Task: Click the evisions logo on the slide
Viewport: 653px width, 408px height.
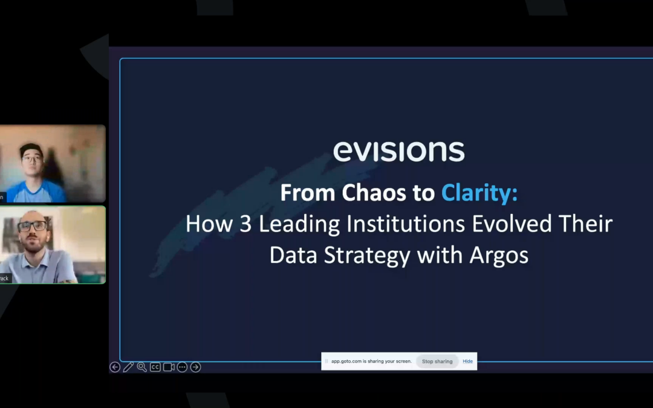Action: click(398, 151)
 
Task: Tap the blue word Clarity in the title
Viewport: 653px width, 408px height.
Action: click(479, 193)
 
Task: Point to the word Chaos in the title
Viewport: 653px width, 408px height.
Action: click(372, 193)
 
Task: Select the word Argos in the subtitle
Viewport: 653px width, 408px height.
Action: click(499, 254)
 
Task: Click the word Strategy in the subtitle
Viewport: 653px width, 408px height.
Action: click(366, 254)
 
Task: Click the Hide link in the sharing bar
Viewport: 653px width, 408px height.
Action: click(467, 361)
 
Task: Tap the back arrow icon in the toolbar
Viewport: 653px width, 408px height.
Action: click(115, 367)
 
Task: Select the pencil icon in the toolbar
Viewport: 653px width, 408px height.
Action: click(128, 367)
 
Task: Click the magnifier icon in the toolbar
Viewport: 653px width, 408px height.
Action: click(141, 367)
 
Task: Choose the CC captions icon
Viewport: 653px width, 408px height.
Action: click(155, 367)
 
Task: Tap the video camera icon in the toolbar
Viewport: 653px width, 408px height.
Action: click(169, 367)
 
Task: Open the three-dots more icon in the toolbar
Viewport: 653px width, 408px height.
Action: click(182, 367)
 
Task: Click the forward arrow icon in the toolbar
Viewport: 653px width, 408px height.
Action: click(195, 367)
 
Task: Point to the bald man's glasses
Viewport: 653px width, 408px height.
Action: click(32, 227)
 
